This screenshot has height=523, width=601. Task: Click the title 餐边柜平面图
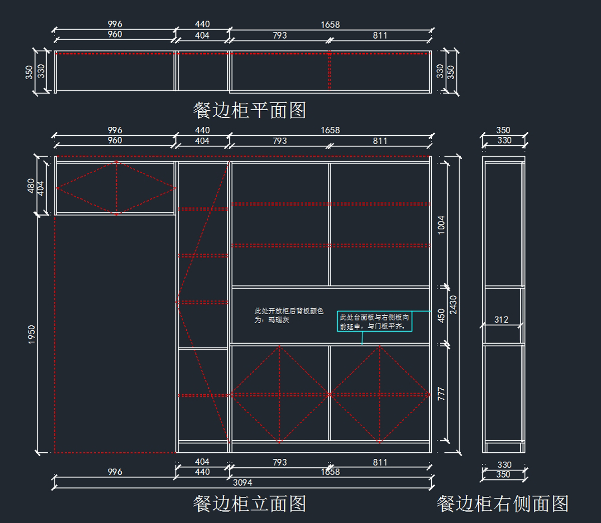249,110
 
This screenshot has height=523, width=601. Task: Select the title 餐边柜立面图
249,503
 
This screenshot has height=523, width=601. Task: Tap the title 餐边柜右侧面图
502,504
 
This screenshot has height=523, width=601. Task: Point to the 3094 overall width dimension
242,482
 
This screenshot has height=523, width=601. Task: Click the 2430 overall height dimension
453,305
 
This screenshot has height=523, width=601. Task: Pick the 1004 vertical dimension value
441,225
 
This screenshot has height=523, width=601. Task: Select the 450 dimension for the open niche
441,316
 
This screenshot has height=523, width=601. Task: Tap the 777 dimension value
441,393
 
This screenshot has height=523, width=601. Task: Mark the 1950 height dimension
32,334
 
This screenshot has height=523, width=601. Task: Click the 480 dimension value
31,186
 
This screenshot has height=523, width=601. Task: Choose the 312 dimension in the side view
501,320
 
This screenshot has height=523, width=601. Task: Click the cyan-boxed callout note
375,322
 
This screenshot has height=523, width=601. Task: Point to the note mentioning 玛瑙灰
289,315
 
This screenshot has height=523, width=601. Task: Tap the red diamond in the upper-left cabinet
116,188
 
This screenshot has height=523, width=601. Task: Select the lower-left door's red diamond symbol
279,394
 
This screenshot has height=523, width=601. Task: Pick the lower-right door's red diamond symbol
380,394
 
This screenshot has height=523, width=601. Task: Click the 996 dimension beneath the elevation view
115,472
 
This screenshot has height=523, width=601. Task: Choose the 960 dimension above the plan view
115,35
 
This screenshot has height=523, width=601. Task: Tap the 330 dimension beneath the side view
504,465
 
